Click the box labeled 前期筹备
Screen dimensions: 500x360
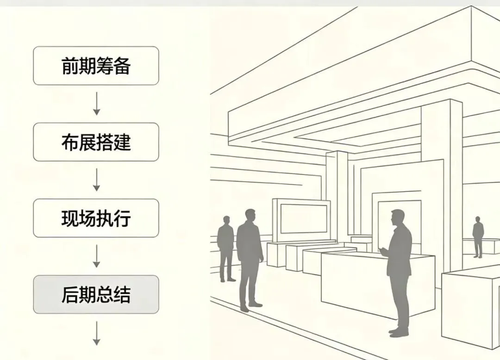pyautogui.click(x=96, y=66)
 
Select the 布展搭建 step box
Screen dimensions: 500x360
pyautogui.click(x=96, y=142)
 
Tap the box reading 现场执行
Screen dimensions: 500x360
pyautogui.click(x=96, y=218)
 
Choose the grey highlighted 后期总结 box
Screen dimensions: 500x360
pyautogui.click(x=96, y=295)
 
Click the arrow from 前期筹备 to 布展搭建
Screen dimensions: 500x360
pyautogui.click(x=96, y=104)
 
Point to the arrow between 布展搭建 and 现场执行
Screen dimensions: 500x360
pyautogui.click(x=96, y=180)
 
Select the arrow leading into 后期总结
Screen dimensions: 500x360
pyautogui.click(x=96, y=256)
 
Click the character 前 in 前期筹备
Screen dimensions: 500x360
pyautogui.click(x=70, y=66)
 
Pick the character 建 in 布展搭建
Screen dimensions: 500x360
pyautogui.click(x=122, y=143)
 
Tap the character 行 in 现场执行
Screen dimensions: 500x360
pyautogui.click(x=122, y=219)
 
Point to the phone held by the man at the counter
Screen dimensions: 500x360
pyautogui.click(x=382, y=250)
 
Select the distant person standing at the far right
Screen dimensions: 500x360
pyautogui.click(x=478, y=236)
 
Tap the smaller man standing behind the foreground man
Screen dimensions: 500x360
pyautogui.click(x=226, y=248)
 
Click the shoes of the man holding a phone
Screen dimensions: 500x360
pyautogui.click(x=398, y=331)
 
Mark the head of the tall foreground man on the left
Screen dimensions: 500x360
pyautogui.click(x=250, y=216)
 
